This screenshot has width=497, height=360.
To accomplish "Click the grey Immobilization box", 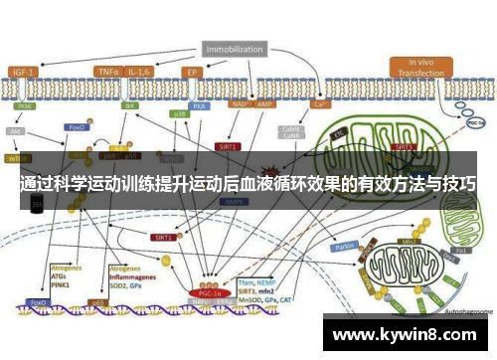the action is (x=235, y=48).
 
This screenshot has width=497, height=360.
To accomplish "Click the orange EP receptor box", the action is (x=194, y=72).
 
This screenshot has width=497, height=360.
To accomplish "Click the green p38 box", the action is (x=180, y=115).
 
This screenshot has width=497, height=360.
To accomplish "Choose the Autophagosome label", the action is (x=466, y=310).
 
